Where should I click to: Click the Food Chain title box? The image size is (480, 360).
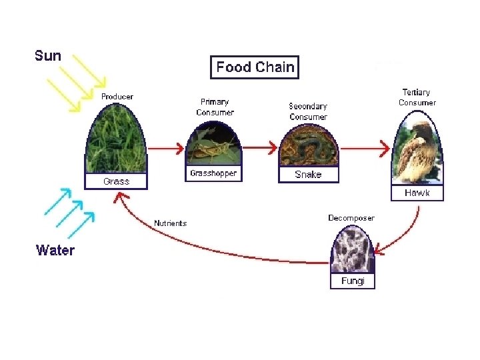255,67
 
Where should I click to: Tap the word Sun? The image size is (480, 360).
48,56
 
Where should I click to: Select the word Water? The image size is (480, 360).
55,251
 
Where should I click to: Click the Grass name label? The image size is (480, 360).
116,181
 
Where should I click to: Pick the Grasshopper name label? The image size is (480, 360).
213,173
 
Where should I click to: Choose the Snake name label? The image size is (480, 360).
308,175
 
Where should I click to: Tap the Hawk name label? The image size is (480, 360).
417,193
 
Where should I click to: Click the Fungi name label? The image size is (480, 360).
353,281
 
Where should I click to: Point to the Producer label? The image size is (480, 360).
117,97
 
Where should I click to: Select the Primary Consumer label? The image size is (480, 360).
215,107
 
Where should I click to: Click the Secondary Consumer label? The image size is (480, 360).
308,111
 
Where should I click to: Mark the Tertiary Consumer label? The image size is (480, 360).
417,97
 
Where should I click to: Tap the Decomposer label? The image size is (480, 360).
351,218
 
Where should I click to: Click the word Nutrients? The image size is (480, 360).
170,223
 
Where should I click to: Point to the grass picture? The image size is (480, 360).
116,141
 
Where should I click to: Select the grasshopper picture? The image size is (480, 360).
213,147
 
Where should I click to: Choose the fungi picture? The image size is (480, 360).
353,250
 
